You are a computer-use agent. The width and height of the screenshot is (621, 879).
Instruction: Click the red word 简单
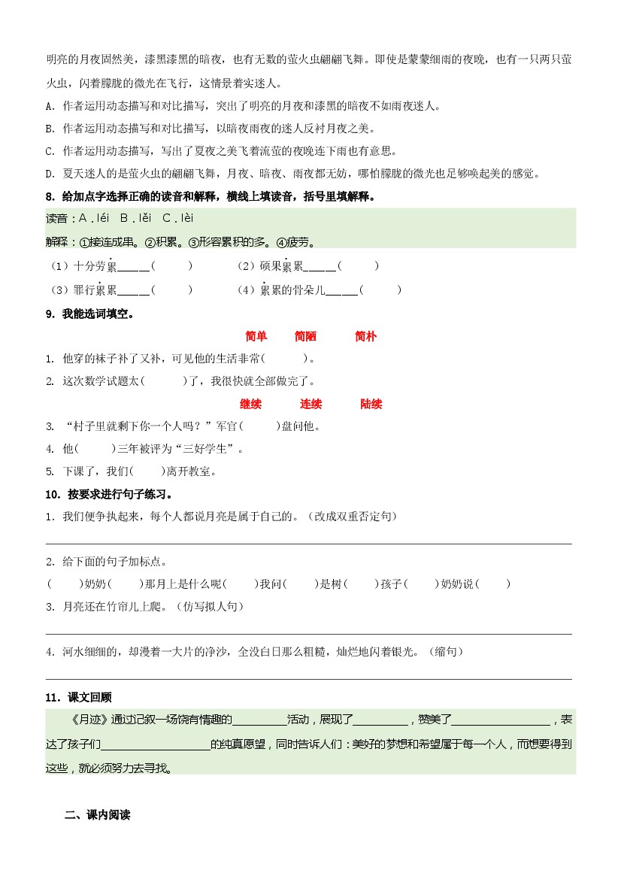[256, 336]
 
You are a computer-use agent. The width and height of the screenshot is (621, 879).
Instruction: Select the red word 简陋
[305, 336]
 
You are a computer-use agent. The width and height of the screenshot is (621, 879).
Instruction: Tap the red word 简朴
[365, 336]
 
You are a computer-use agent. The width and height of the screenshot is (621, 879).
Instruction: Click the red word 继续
[250, 404]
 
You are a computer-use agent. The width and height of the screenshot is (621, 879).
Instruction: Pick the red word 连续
[310, 404]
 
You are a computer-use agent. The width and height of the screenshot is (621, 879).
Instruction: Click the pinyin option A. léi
[94, 219]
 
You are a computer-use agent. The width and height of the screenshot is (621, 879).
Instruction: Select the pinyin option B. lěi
[136, 219]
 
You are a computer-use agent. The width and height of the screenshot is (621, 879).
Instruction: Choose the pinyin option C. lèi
[177, 219]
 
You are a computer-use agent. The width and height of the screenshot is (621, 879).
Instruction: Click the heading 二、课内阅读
[98, 814]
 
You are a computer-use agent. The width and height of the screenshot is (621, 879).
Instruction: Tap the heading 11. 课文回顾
[79, 697]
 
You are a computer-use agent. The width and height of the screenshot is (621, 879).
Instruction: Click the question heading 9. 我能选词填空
[88, 314]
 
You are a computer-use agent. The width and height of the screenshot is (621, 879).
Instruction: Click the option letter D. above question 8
[50, 174]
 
